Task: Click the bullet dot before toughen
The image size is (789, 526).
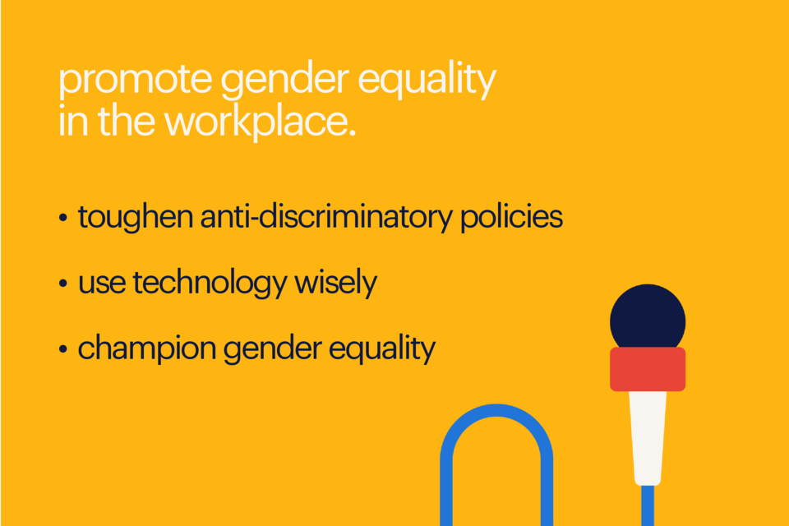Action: (63, 219)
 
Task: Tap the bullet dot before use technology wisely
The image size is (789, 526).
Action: (63, 285)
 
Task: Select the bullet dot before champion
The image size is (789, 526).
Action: (63, 351)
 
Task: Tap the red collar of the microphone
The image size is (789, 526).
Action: (648, 369)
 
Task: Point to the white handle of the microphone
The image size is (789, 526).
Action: (648, 436)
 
